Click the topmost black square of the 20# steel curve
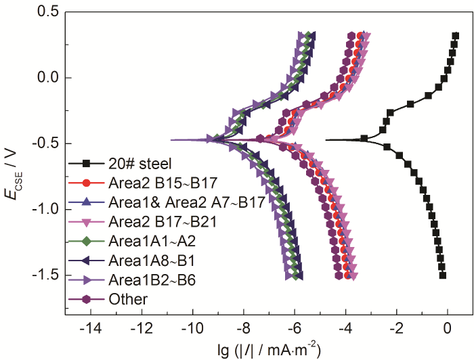456,36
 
